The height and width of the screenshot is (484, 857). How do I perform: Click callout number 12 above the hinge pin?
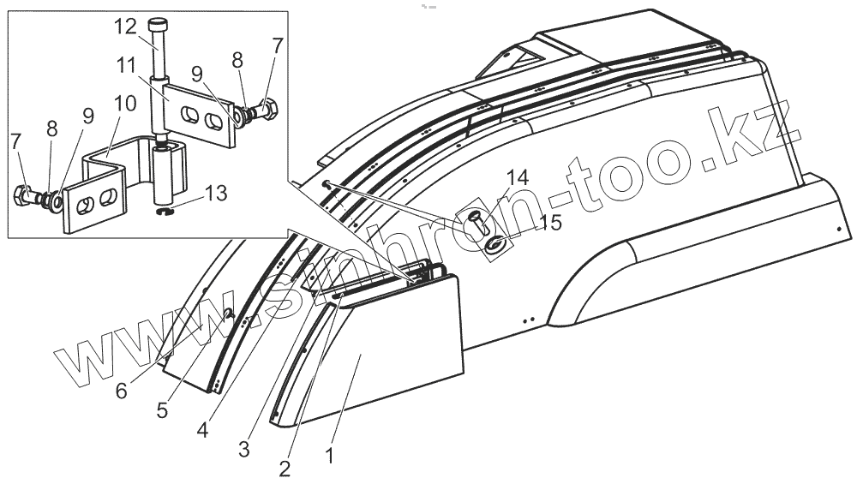pyautogui.click(x=125, y=27)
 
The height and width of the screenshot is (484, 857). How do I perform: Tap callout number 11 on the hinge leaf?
pyautogui.click(x=127, y=64)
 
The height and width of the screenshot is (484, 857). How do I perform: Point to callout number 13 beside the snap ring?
pyautogui.click(x=215, y=194)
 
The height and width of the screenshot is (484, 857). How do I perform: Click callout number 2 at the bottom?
pyautogui.click(x=285, y=468)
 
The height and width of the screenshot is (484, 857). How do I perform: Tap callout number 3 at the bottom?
pyautogui.click(x=245, y=447)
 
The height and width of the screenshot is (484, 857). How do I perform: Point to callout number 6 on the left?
pyautogui.click(x=122, y=391)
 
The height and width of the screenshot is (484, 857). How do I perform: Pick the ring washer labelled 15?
pyautogui.click(x=495, y=246)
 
